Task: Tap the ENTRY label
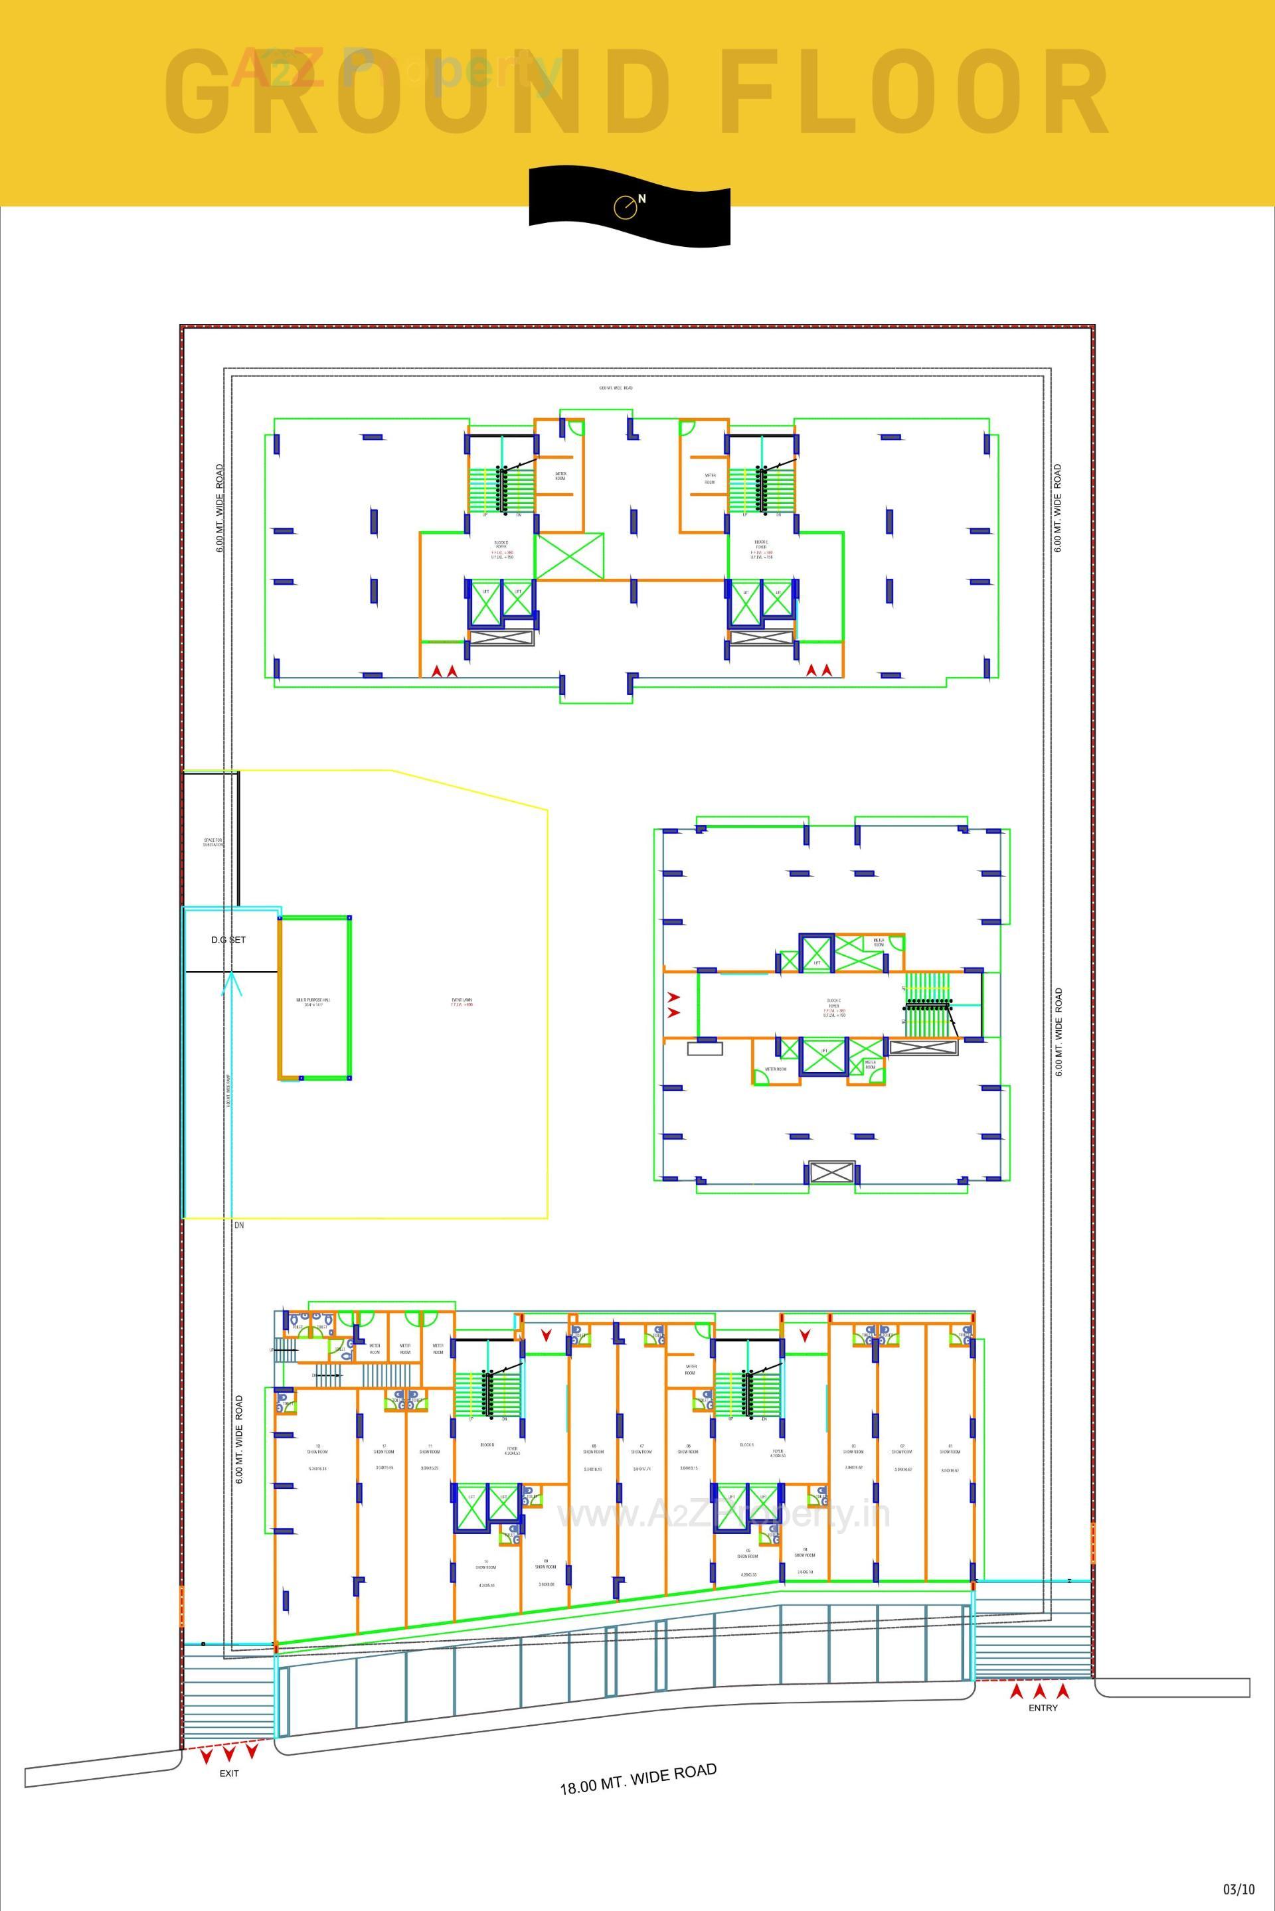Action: [x=1043, y=1708]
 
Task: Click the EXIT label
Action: [x=229, y=1774]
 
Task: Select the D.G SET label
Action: [x=228, y=940]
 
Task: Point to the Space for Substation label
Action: [x=213, y=843]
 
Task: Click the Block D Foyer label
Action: [x=501, y=544]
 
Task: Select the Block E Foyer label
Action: [x=761, y=544]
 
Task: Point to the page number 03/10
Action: [x=1238, y=1888]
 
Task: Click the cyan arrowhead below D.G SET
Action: [x=232, y=984]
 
